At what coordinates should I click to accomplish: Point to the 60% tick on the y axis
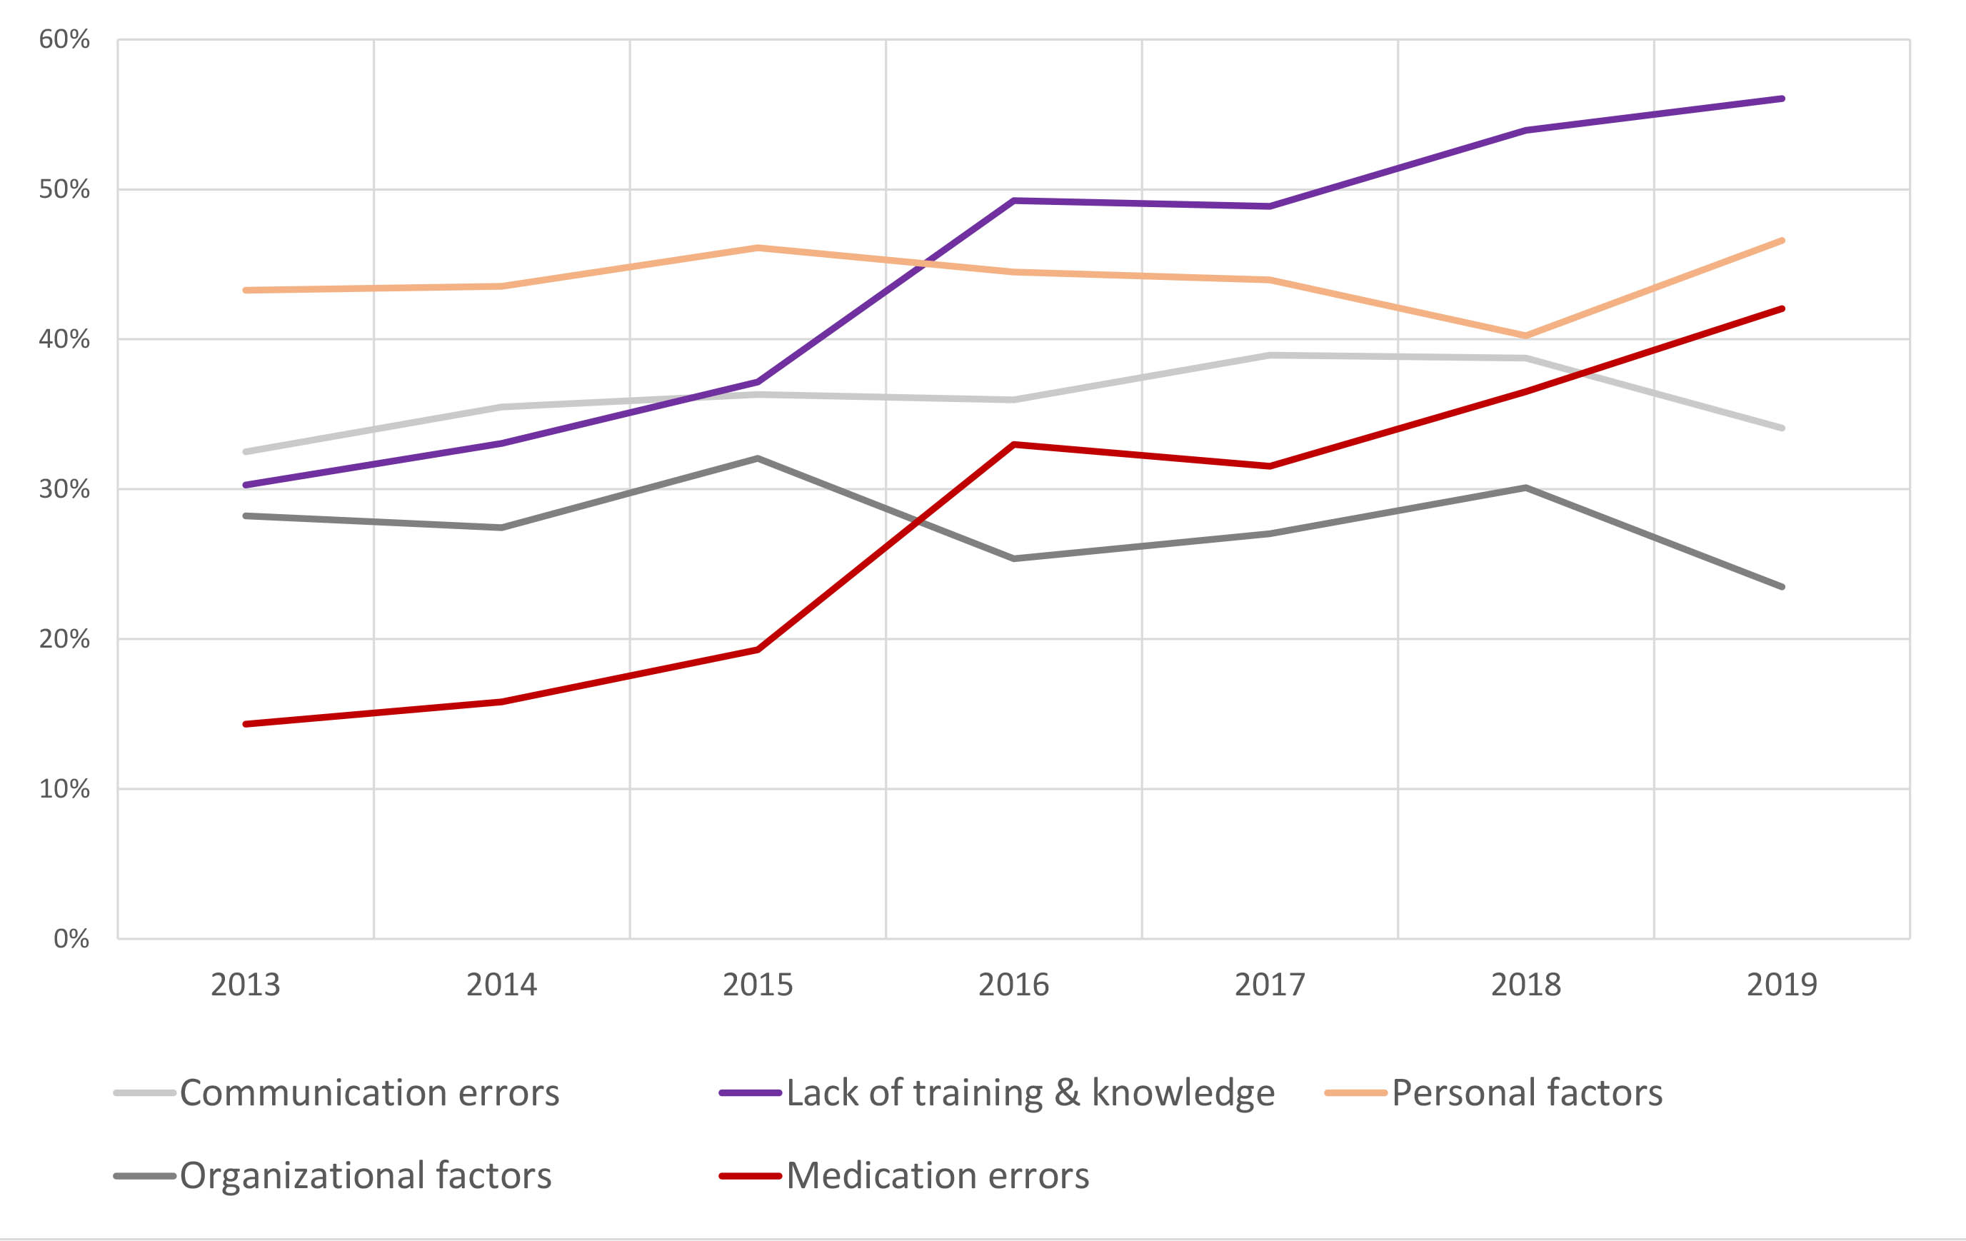point(64,39)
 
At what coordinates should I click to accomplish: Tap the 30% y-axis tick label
point(64,489)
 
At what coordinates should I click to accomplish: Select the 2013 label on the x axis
point(245,985)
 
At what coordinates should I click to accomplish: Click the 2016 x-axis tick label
point(1013,985)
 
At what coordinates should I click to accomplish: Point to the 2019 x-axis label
point(1782,985)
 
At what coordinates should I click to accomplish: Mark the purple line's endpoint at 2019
point(1782,99)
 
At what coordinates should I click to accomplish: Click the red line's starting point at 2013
point(246,724)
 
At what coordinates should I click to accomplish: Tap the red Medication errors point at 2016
point(1013,445)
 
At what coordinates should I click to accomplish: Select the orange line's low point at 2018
point(1525,336)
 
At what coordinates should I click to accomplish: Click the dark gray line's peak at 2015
point(758,459)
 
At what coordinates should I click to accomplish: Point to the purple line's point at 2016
point(1013,201)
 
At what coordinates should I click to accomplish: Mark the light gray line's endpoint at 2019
point(1782,428)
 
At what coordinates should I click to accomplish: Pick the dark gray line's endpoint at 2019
point(1782,587)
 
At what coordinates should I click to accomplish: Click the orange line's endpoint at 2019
point(1782,241)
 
